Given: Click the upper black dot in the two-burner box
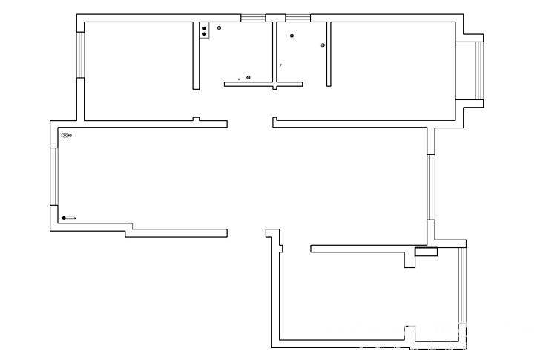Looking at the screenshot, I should pos(205,28).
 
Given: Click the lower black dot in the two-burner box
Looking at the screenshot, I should pos(205,34).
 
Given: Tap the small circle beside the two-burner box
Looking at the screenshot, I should pos(219,27).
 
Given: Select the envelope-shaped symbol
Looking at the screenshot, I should pos(65,135).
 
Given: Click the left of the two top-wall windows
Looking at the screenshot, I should pos(253,17).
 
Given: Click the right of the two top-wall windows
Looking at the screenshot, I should pos(297,17).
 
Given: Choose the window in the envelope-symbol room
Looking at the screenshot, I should pos(53,176).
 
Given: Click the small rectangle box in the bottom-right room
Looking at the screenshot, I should pos(426,252).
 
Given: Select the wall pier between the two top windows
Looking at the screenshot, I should pos(275,16).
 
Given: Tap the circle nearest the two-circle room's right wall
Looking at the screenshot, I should pos(323,45).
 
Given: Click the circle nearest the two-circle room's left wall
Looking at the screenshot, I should pos(292,35).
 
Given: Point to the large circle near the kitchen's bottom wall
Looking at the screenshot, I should pos(248,76).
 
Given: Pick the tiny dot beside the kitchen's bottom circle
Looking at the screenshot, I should pos(238,78).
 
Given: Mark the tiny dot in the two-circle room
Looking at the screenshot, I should pos(280,65).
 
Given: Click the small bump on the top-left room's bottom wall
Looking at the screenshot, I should pos(196,119).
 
